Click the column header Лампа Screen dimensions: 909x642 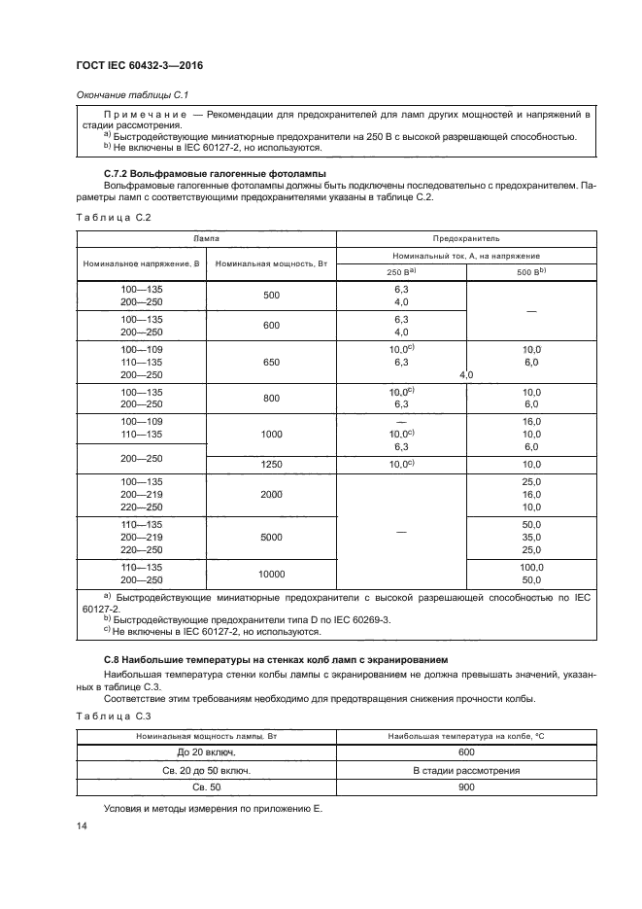point(205,237)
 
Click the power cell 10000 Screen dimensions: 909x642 point(271,574)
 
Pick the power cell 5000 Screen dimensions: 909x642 point(271,537)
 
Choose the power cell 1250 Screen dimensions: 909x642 point(271,466)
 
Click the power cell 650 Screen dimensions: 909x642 point(271,362)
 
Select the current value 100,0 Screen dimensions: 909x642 point(530,567)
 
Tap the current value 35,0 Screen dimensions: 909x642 point(530,537)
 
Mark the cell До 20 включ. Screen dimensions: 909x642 point(205,752)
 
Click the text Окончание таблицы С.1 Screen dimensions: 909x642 point(123,94)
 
